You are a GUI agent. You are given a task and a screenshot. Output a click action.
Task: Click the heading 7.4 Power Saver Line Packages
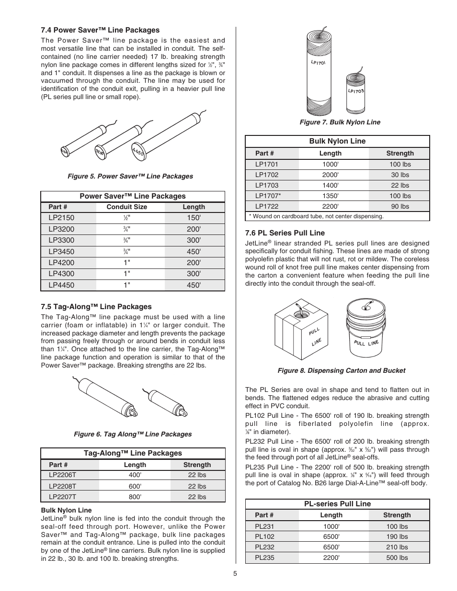pos(100,30)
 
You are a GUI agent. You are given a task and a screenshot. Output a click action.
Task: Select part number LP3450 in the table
pos(61,251)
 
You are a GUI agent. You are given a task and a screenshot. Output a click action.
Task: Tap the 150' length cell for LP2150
pos(194,217)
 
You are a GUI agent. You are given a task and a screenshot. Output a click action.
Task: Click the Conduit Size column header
pos(126,207)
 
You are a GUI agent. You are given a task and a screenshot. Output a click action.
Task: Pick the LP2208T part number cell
pos(62,486)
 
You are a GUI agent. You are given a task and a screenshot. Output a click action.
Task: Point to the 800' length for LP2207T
pos(135,497)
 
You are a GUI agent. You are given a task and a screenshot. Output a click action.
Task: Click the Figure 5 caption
pos(130,176)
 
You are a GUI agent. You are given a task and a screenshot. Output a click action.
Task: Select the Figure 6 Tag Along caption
pos(132,434)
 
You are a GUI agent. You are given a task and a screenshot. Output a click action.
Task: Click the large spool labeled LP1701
pos(319,72)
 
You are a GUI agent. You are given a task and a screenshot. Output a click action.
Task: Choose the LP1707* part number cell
pos(268,196)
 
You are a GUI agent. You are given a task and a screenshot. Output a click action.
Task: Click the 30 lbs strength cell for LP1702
pos(400,175)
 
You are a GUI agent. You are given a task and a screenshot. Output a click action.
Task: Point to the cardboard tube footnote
pos(316,216)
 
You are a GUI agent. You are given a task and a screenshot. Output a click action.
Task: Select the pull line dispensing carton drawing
pos(302,330)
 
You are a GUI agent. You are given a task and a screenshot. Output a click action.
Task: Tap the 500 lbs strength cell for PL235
pos(397,558)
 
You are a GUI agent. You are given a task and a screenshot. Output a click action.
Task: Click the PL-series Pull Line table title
pos(337,504)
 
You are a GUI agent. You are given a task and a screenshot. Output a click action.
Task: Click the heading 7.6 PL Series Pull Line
pos(285,233)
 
